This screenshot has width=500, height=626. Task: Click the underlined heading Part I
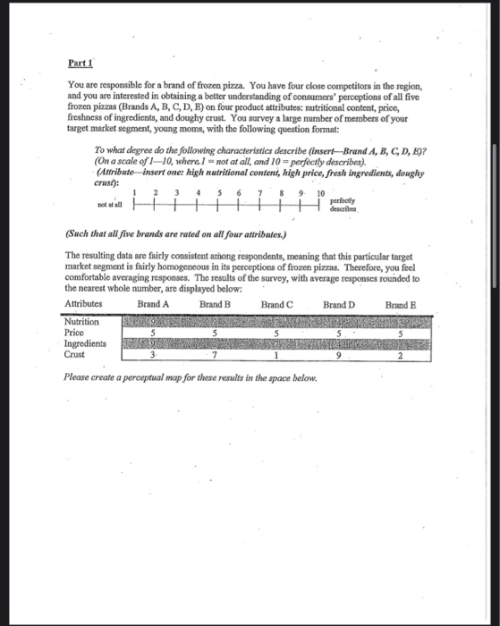coord(81,64)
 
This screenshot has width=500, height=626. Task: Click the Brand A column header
coord(155,304)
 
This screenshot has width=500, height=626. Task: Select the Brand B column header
coord(215,304)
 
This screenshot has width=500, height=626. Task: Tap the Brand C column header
coord(276,304)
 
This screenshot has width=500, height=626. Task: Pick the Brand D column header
coord(339,304)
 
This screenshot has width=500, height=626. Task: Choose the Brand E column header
coord(402,304)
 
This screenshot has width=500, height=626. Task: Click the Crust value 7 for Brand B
coord(216,354)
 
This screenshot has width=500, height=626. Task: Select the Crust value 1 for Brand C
coord(277,354)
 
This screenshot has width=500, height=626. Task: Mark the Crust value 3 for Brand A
coord(154,354)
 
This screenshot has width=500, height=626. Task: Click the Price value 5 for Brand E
coord(402,333)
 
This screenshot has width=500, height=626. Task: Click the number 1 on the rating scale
coord(134,193)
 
